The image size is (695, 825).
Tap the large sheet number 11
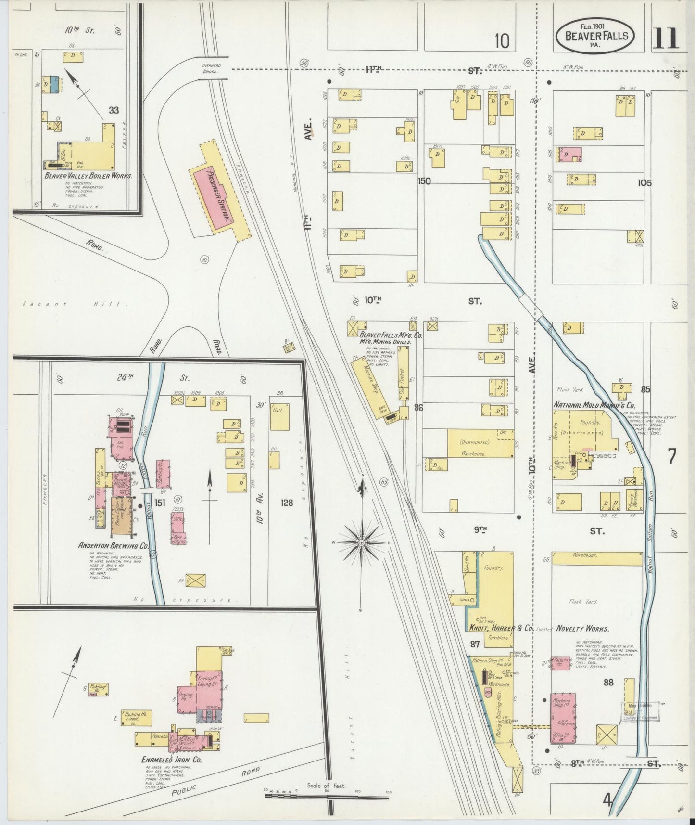coord(666,39)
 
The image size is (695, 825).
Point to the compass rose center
coord(361,542)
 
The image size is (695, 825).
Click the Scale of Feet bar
coord(327,797)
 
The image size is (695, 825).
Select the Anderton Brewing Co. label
coord(114,546)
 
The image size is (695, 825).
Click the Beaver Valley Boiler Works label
coord(88,176)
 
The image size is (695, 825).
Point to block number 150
coord(425,181)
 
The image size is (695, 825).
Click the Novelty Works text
coord(582,629)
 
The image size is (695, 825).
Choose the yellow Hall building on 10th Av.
coord(279,417)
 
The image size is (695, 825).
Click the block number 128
coord(287,503)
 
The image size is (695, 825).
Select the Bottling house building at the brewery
coord(163,474)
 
